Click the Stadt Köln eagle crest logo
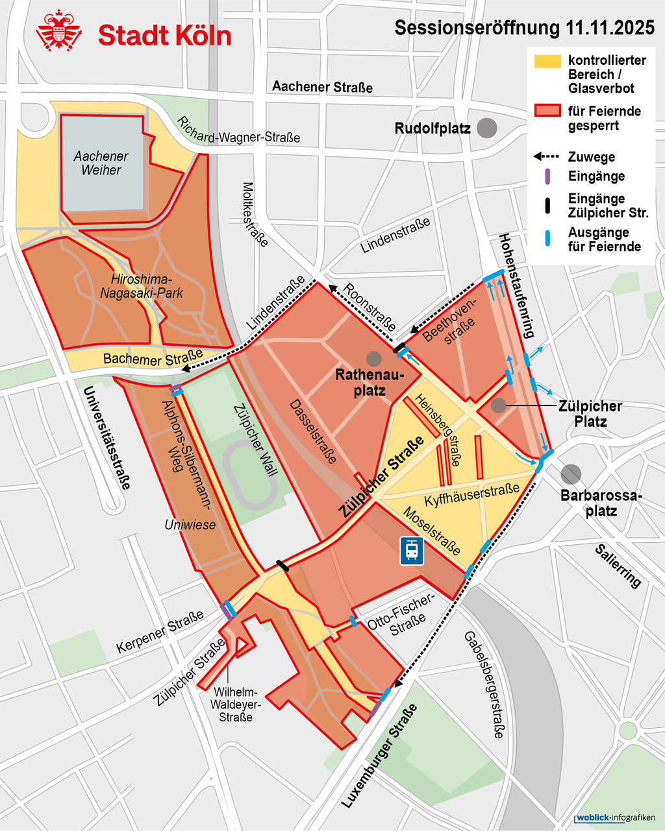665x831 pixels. [x=58, y=31]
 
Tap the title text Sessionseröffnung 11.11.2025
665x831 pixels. [x=525, y=28]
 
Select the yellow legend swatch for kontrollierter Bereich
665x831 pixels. [x=547, y=61]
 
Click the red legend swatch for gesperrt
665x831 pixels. [x=547, y=111]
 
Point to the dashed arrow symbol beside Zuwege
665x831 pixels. [x=547, y=157]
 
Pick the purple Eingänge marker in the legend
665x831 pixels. [x=547, y=176]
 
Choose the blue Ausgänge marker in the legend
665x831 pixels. [x=547, y=239]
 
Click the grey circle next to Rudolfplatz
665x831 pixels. [x=486, y=128]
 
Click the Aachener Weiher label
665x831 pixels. [x=101, y=163]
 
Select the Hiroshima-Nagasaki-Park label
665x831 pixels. [x=142, y=286]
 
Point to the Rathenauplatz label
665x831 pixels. [x=370, y=383]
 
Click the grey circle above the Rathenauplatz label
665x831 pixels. [x=373, y=358]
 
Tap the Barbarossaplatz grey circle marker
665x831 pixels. [x=571, y=474]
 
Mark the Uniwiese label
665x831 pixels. [x=190, y=525]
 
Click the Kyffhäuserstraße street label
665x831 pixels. [x=472, y=495]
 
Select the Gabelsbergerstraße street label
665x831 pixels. [x=484, y=684]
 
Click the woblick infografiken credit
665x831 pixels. [x=615, y=817]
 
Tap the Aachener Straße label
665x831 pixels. [x=322, y=86]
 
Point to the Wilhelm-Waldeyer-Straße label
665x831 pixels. [x=236, y=705]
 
